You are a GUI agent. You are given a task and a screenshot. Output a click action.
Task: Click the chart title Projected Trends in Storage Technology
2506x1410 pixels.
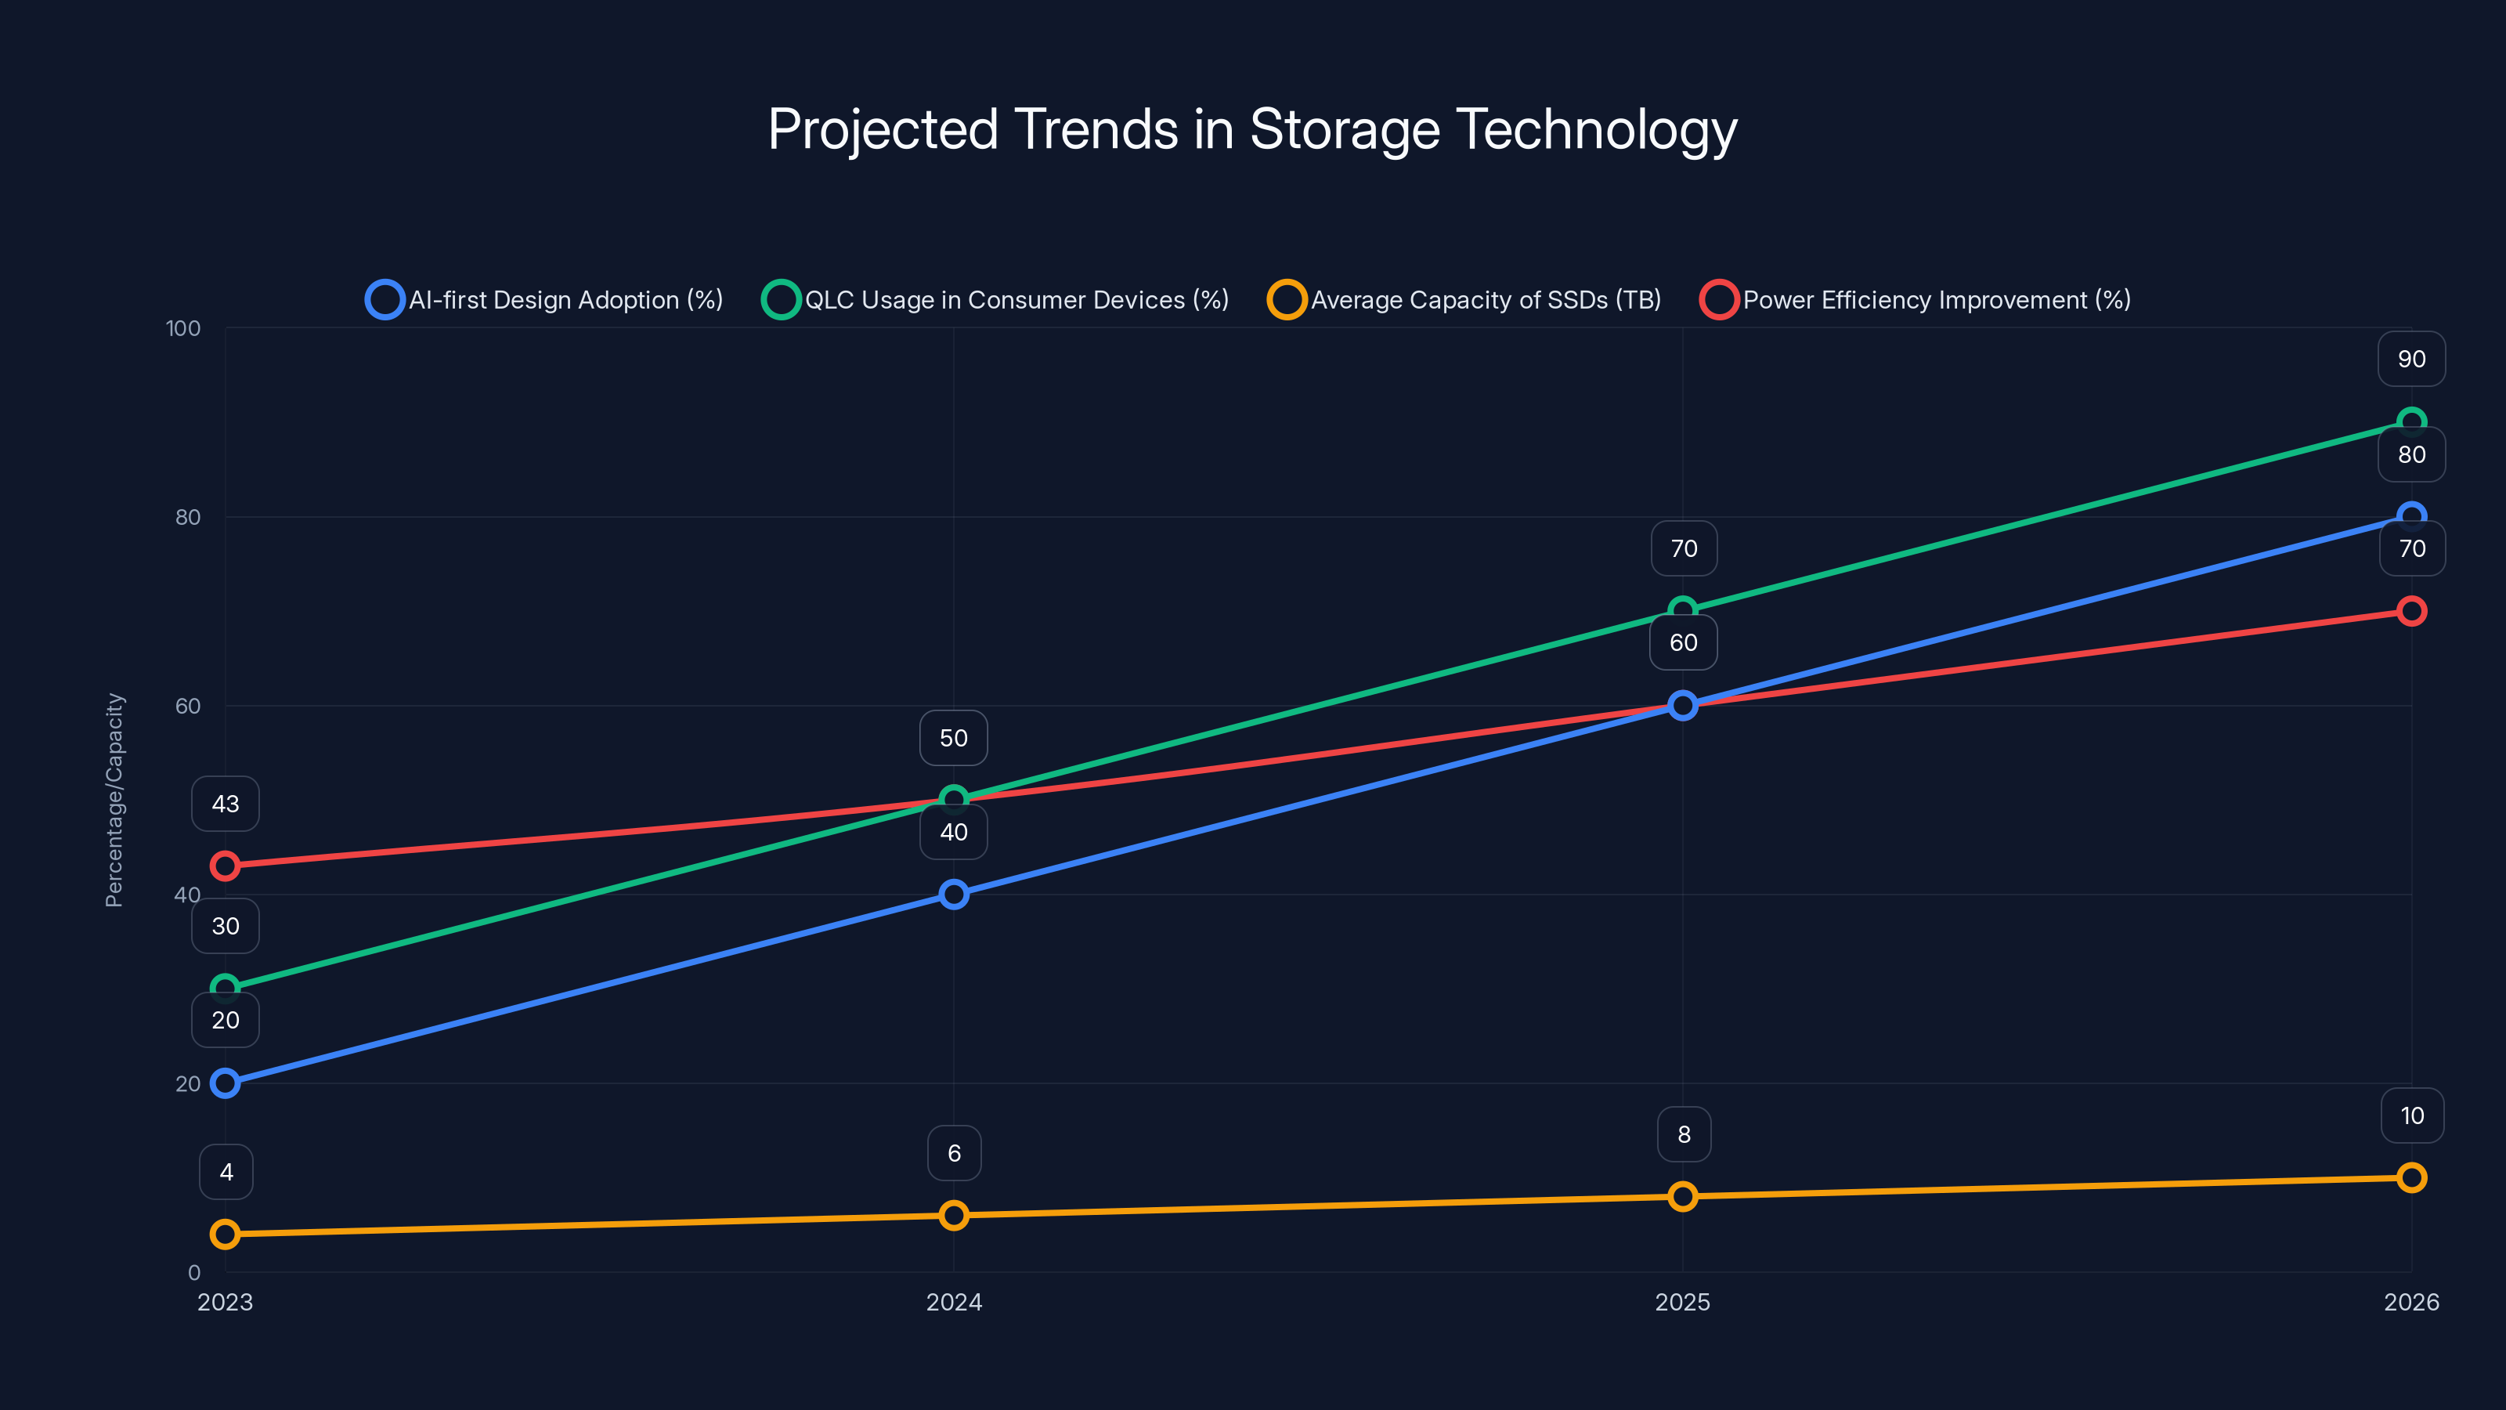[1252, 129]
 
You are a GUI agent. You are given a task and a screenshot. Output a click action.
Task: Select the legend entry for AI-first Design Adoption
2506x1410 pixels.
[545, 300]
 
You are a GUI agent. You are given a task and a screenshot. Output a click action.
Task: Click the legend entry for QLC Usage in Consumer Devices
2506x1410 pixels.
[995, 300]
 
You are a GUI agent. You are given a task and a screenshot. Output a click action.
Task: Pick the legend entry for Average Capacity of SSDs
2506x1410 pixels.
[1464, 300]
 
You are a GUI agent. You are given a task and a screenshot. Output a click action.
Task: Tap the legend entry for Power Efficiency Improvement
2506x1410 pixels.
[1915, 300]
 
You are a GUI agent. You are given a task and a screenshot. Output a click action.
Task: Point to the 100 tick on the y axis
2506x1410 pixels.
[183, 328]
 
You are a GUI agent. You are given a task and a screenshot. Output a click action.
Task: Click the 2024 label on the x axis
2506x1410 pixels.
[953, 1302]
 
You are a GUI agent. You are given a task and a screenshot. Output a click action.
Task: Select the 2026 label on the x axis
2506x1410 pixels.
[2410, 1302]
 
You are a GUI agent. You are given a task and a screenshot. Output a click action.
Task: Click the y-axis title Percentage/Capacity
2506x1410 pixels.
[115, 800]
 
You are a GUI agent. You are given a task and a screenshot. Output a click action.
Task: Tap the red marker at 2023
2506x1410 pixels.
[225, 865]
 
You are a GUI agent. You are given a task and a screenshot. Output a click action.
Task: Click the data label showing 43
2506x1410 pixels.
[225, 804]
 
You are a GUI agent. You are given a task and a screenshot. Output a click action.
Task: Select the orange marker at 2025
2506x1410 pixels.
[1682, 1196]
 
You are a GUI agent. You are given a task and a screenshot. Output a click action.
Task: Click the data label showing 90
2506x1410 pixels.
[2410, 359]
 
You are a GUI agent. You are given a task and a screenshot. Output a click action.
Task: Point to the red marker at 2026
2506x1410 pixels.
[2410, 611]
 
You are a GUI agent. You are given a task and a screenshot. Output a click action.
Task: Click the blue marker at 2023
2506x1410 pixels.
[225, 1083]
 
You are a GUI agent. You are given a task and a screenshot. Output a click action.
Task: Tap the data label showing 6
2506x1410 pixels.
[953, 1153]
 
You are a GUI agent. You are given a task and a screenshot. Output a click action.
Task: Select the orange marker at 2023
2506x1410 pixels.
[225, 1234]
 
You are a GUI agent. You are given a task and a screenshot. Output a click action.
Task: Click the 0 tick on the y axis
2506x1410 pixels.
[193, 1272]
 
